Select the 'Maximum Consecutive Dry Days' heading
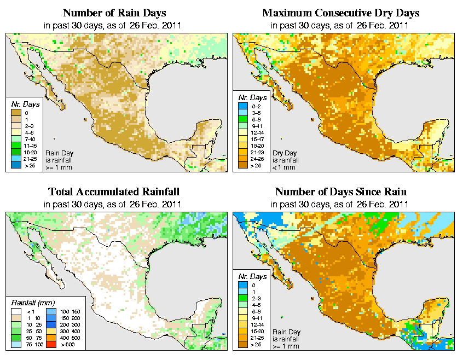tap(341, 13)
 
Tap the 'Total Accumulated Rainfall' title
tap(114, 192)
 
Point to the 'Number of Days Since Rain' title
tap(341, 192)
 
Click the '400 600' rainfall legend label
tap(68, 339)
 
